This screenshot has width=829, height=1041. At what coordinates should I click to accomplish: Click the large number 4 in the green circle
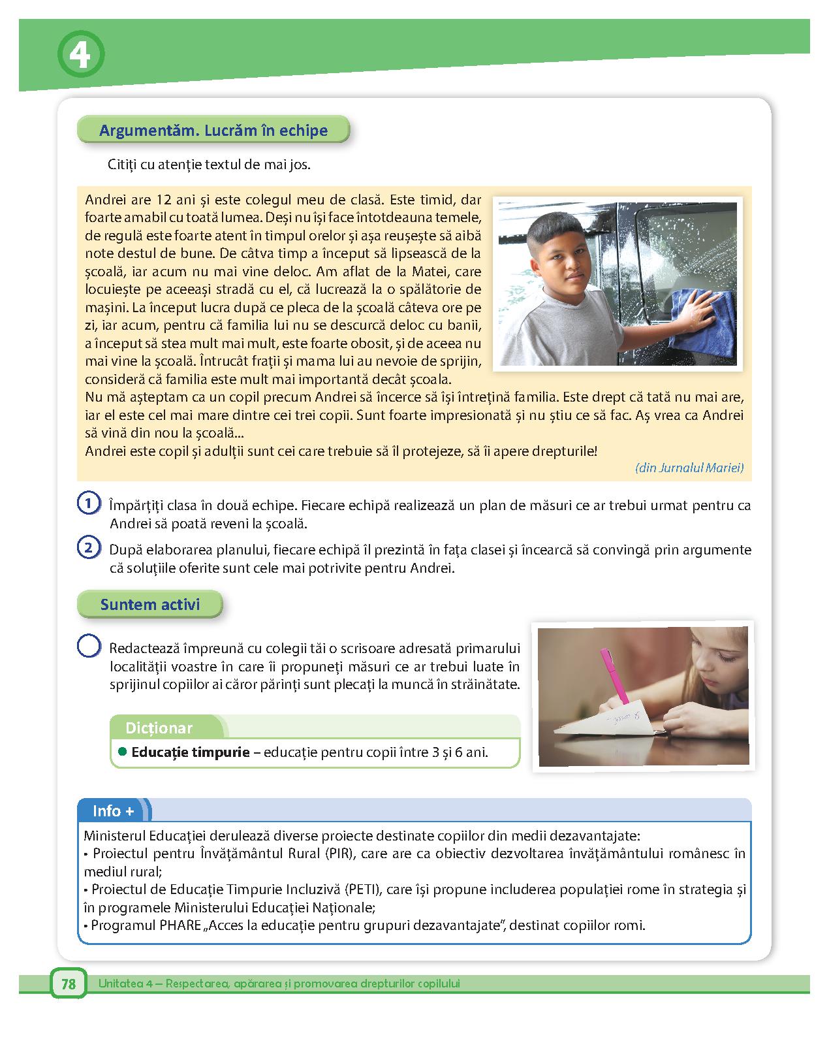[x=81, y=56]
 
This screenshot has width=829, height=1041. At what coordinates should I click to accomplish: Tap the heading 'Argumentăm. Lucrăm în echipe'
[x=213, y=131]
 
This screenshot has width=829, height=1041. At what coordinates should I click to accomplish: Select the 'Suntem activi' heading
[x=149, y=605]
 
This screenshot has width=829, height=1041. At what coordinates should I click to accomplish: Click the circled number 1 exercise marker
[x=88, y=504]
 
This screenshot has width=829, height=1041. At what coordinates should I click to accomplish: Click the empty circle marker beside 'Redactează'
[x=89, y=647]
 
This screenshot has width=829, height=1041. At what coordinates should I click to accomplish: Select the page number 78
[x=69, y=984]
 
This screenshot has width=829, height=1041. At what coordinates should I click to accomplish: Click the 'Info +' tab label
[x=113, y=811]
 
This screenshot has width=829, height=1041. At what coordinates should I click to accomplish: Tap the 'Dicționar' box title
[x=159, y=728]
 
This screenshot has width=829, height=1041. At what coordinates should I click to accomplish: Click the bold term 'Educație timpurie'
[x=191, y=752]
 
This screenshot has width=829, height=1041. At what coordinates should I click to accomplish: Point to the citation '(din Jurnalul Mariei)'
[x=689, y=468]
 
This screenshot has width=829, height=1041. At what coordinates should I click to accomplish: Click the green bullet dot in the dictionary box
[x=122, y=752]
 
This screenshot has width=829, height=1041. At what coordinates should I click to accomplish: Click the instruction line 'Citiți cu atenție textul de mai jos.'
[x=209, y=165]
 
